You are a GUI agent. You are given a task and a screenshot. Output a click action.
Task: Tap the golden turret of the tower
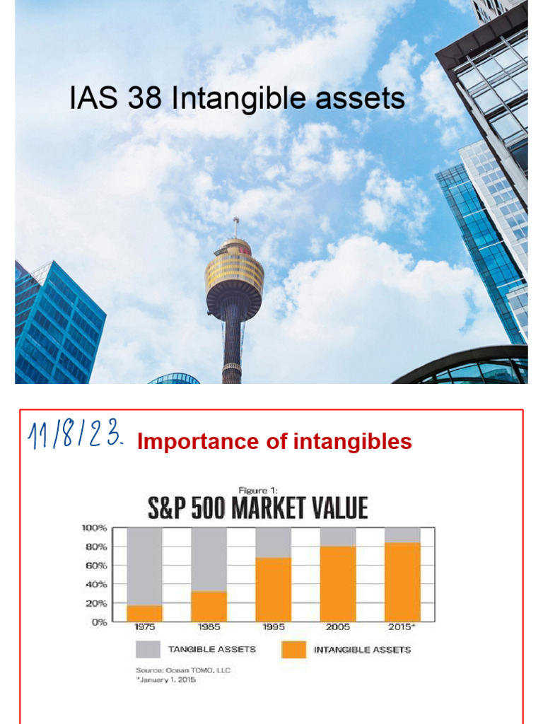tap(235, 276)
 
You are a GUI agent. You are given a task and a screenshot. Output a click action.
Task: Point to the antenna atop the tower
tap(235, 226)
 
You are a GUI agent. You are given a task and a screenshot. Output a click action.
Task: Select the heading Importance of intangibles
tap(274, 442)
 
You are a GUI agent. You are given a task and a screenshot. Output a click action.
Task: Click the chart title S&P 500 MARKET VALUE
tap(257, 508)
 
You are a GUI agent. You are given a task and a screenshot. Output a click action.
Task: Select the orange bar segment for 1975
tap(145, 613)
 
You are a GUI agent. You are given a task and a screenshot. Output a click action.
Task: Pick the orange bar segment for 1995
tap(274, 589)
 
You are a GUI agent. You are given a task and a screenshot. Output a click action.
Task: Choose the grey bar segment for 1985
tap(209, 559)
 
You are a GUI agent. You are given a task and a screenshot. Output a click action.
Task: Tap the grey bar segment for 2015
tap(402, 535)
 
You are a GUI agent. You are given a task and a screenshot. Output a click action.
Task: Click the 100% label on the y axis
tap(93, 527)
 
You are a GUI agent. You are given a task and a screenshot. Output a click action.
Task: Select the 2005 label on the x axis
tap(337, 627)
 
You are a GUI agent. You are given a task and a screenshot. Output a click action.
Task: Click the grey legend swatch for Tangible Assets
tap(148, 649)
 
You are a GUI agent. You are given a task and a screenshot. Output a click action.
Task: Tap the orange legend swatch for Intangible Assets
tap(293, 649)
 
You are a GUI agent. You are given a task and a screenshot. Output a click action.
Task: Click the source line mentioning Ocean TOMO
tap(183, 670)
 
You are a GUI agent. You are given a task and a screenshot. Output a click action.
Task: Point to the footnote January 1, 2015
tap(166, 679)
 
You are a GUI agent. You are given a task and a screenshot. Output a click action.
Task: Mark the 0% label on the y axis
tap(98, 622)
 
